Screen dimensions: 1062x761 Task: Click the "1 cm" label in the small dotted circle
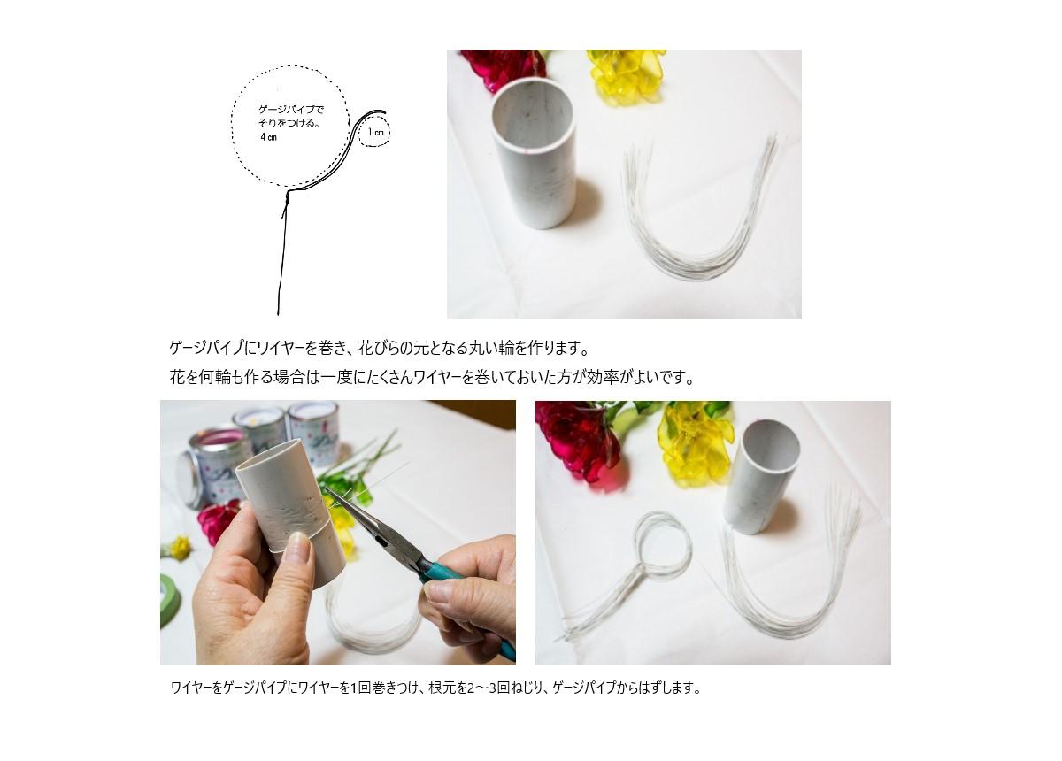click(x=376, y=132)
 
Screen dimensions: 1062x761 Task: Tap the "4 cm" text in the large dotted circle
click(x=268, y=137)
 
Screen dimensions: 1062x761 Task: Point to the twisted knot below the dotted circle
click(x=288, y=198)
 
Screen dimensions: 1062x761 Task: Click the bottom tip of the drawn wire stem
click(x=278, y=314)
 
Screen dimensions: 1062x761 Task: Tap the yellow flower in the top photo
click(x=627, y=76)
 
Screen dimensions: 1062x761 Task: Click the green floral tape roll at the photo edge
click(x=169, y=600)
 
